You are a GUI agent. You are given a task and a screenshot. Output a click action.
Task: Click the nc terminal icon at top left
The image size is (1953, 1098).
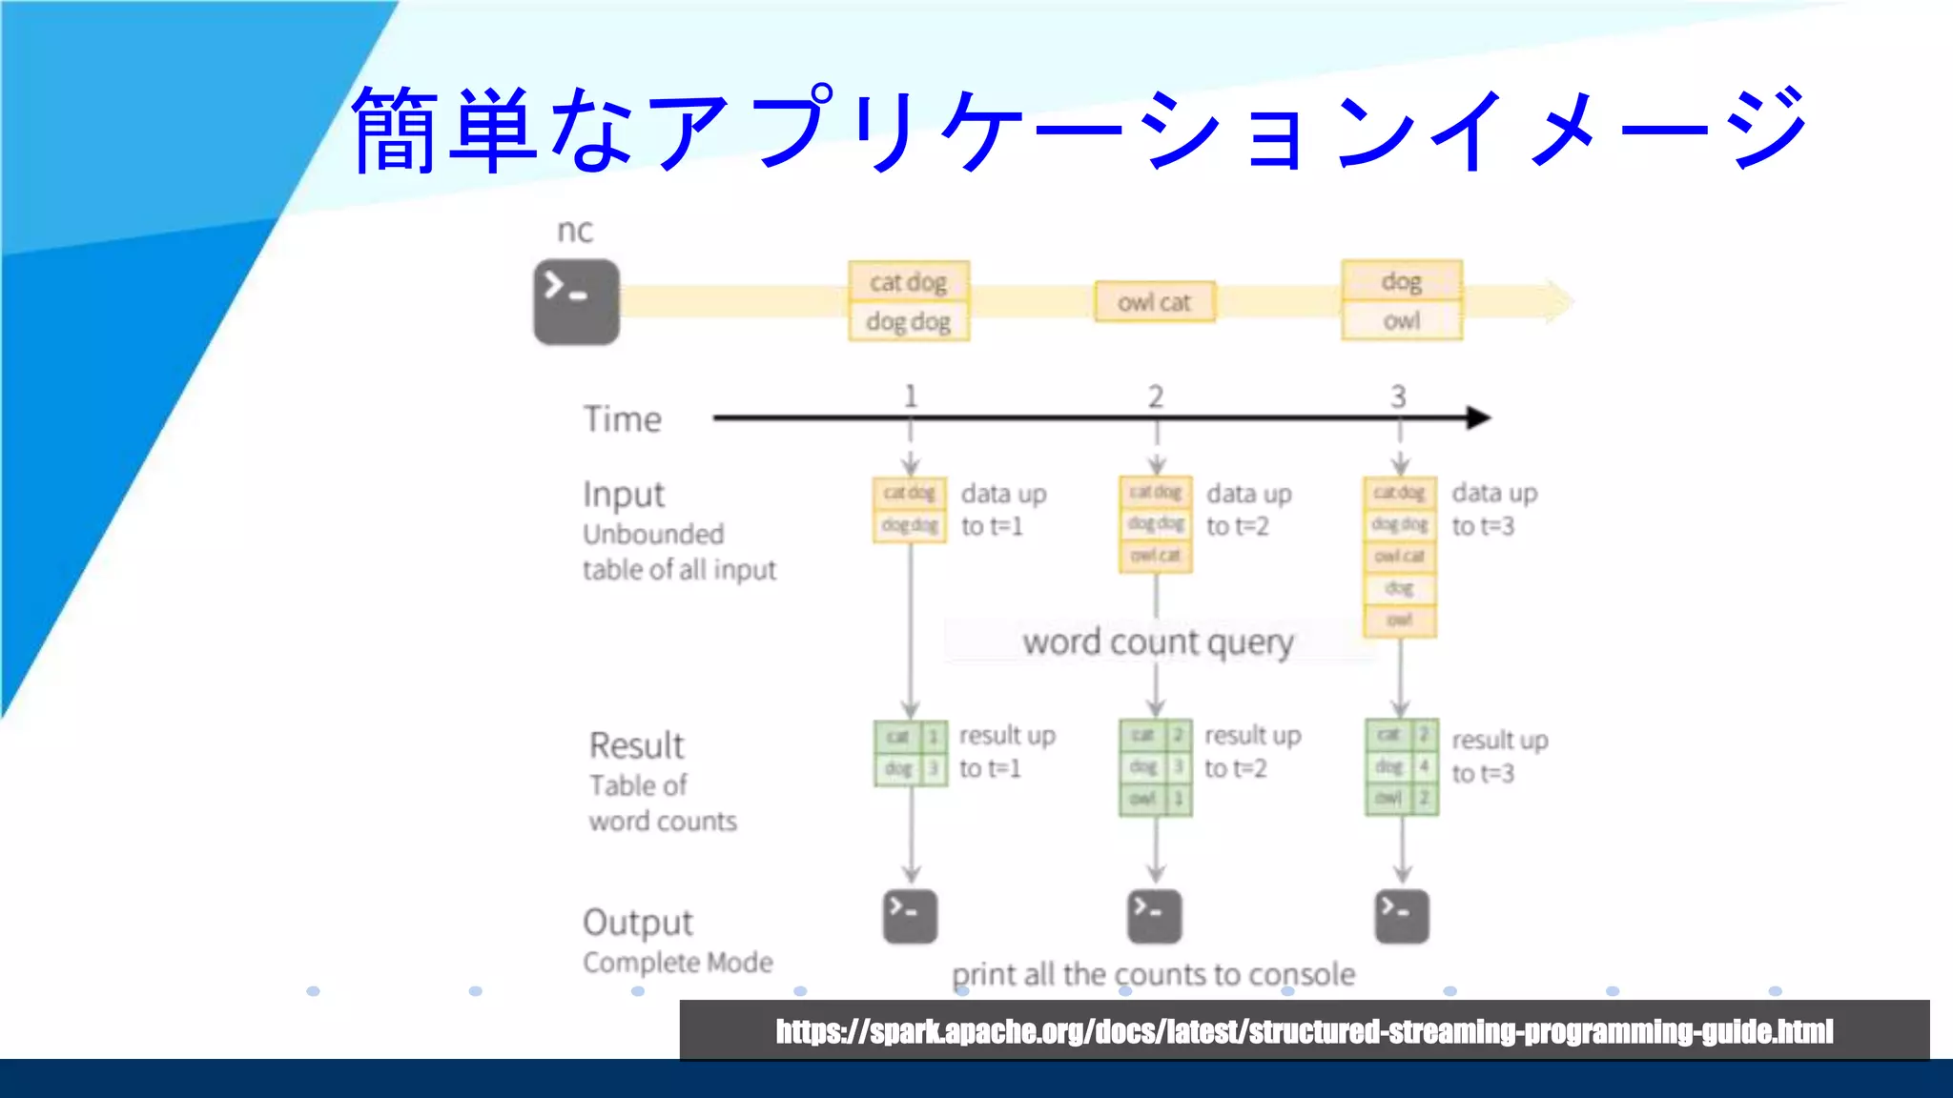(576, 301)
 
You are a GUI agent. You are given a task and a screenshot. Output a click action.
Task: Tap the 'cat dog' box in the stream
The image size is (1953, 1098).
(908, 282)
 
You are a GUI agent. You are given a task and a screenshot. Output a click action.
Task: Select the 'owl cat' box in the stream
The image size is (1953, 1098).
(1155, 302)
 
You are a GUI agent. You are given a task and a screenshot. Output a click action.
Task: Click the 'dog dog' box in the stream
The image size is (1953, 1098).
(908, 322)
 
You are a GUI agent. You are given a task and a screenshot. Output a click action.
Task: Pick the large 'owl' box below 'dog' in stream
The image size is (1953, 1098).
(1401, 321)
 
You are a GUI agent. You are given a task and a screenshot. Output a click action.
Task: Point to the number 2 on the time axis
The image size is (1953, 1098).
(1156, 396)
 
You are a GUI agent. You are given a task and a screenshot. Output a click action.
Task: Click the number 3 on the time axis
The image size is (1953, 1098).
(1398, 396)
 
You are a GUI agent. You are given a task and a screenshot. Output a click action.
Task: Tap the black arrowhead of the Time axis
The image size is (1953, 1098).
(1478, 417)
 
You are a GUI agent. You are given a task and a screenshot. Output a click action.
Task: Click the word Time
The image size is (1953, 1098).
(622, 419)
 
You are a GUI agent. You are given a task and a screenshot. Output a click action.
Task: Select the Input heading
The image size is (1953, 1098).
(624, 495)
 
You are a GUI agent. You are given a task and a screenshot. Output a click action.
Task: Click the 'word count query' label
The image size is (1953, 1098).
(1158, 642)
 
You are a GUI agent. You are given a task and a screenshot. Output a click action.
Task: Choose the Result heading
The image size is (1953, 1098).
(636, 745)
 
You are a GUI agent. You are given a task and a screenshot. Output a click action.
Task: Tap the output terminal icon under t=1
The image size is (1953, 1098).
(910, 916)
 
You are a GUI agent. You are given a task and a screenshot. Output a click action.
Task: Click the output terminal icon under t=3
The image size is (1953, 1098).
(1401, 916)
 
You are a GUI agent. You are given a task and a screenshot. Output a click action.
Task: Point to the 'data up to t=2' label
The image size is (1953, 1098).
(1248, 510)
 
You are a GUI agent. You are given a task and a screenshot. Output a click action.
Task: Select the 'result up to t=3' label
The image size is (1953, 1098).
(1498, 756)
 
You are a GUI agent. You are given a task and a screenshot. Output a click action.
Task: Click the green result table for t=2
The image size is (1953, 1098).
(1155, 767)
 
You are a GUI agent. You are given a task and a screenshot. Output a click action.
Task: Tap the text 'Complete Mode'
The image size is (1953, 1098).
(678, 963)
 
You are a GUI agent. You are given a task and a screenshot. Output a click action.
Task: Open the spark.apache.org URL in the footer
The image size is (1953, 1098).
(1304, 1031)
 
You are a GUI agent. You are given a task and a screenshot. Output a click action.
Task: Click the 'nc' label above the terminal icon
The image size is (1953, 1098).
(574, 231)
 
